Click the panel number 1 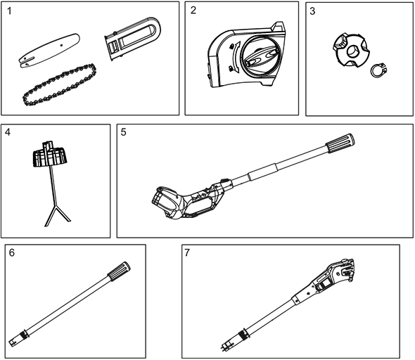(x=9, y=11)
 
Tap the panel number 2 (x=193, y=11)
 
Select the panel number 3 (x=312, y=11)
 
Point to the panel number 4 (x=8, y=132)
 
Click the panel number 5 (x=123, y=132)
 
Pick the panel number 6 (x=12, y=252)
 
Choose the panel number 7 (x=187, y=252)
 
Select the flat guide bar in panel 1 (x=49, y=50)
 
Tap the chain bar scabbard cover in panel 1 (x=132, y=39)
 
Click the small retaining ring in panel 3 (x=378, y=70)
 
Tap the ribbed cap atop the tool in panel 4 (x=50, y=156)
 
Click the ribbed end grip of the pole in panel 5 (x=340, y=143)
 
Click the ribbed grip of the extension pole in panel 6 (x=119, y=271)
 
